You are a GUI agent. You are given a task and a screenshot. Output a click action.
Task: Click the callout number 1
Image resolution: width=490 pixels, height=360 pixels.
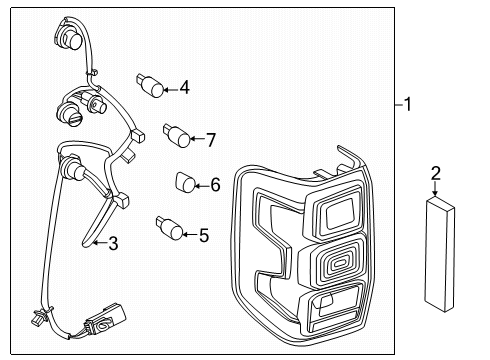click(x=407, y=103)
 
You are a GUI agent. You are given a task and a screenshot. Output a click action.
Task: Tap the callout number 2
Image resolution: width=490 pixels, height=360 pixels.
click(x=435, y=174)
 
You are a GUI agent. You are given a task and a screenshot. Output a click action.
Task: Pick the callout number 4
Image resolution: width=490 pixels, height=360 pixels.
click(x=184, y=88)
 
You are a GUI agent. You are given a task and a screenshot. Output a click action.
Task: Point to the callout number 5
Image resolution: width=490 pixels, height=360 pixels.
click(x=204, y=235)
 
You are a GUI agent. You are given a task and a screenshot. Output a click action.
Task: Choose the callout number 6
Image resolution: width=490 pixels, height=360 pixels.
click(x=215, y=184)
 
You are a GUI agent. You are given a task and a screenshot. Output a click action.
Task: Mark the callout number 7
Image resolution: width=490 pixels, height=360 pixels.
click(x=210, y=138)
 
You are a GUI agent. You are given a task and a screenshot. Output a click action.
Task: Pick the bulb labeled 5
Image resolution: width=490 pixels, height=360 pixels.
click(x=169, y=230)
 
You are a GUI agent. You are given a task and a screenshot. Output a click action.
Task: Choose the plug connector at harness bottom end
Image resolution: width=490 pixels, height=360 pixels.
click(x=100, y=326)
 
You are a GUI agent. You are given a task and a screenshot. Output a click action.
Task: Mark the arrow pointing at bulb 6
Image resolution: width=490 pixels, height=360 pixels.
click(x=201, y=184)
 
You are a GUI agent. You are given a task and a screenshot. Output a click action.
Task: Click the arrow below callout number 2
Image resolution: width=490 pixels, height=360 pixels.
click(x=435, y=190)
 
